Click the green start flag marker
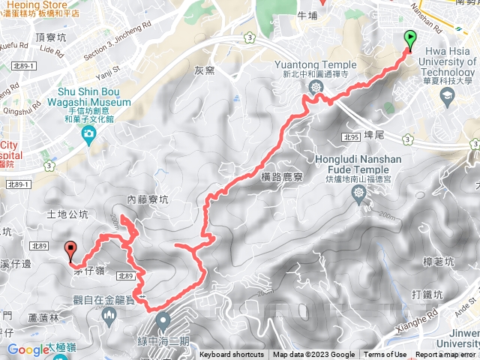(x=410, y=38)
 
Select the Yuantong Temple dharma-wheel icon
(x=316, y=87)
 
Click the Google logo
(x=28, y=349)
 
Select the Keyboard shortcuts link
(x=232, y=355)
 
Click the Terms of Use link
(x=385, y=355)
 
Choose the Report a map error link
(x=445, y=355)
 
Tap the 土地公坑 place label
(x=61, y=214)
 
